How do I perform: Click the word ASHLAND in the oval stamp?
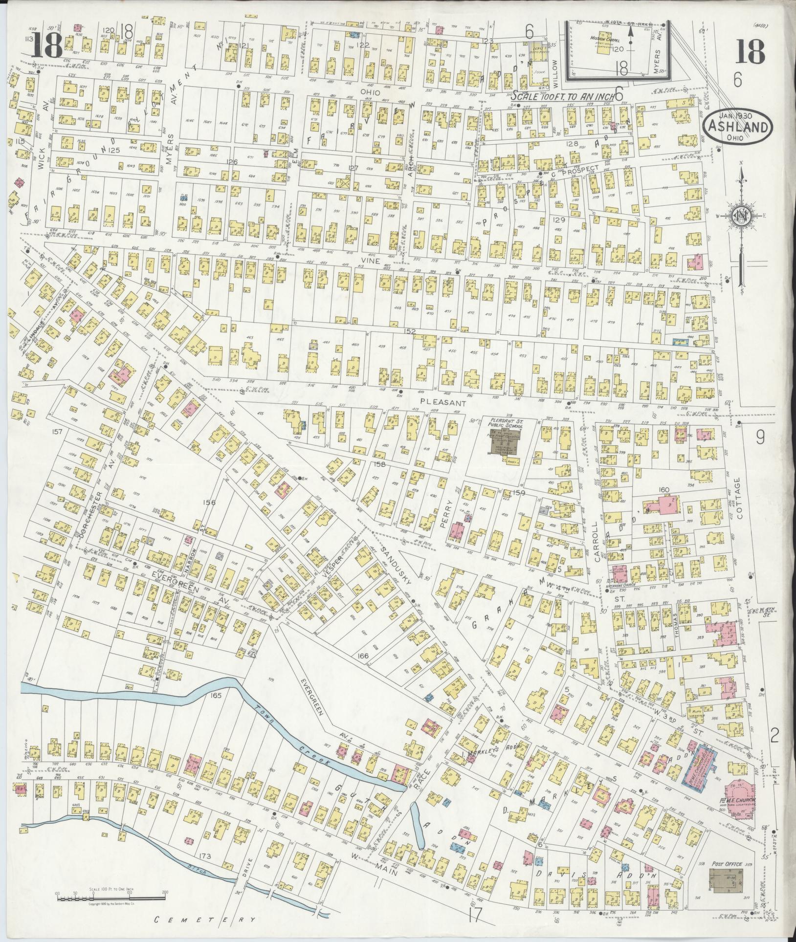click(738, 128)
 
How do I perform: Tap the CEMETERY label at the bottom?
click(205, 920)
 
